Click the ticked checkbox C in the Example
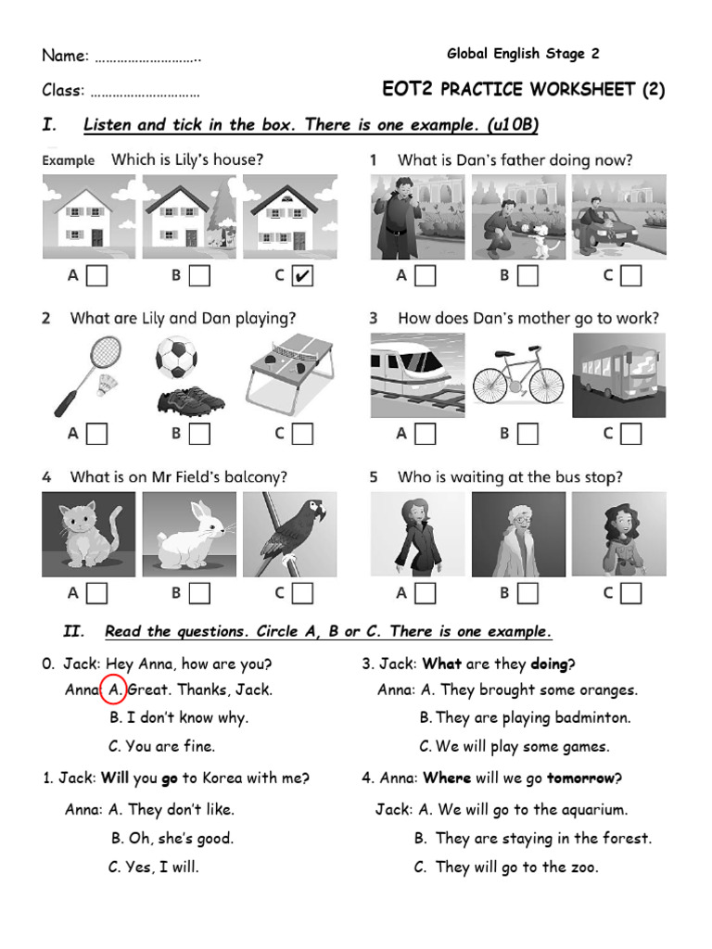click(x=301, y=275)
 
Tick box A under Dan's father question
click(x=426, y=275)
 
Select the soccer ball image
click(x=176, y=357)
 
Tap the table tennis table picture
click(x=289, y=373)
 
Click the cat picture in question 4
click(x=88, y=535)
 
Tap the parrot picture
click(x=289, y=535)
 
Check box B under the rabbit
click(x=199, y=593)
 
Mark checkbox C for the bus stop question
click(x=630, y=593)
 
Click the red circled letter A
click(x=116, y=690)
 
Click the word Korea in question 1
click(x=225, y=778)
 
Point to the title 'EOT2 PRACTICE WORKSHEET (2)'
click(x=524, y=90)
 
